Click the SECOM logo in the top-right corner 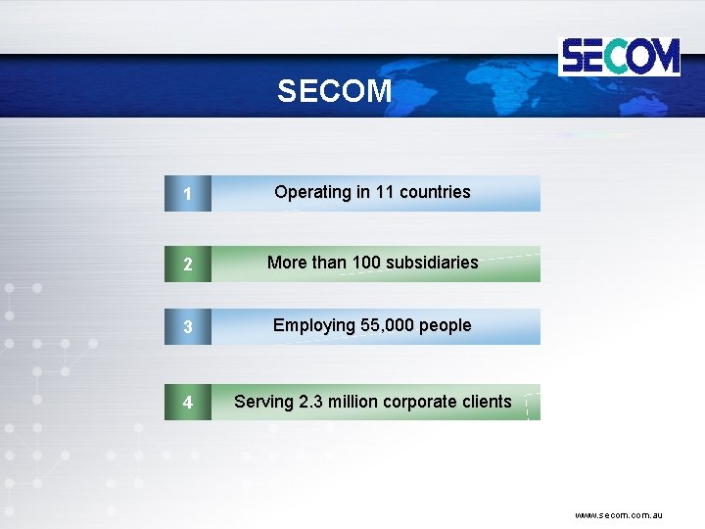619,56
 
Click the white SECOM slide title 334,92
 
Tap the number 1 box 187,194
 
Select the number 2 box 187,264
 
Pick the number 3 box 187,327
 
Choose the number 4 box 187,403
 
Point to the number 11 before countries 386,192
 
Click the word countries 435,192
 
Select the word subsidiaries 432,263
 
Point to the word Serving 263,402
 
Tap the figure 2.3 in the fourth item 310,402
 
